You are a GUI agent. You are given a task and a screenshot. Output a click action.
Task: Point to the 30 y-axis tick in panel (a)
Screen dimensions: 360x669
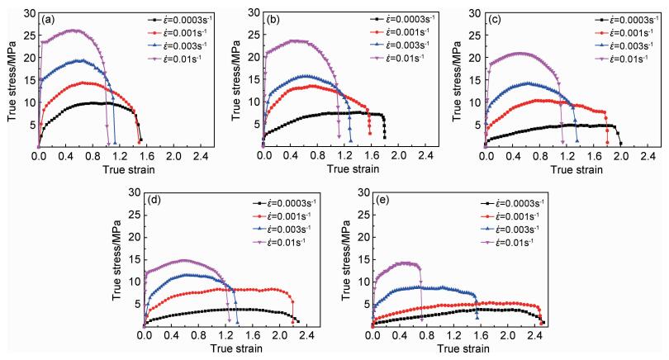[x=30, y=13]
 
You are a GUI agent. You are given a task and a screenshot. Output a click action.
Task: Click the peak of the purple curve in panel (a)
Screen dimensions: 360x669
[x=76, y=31]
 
